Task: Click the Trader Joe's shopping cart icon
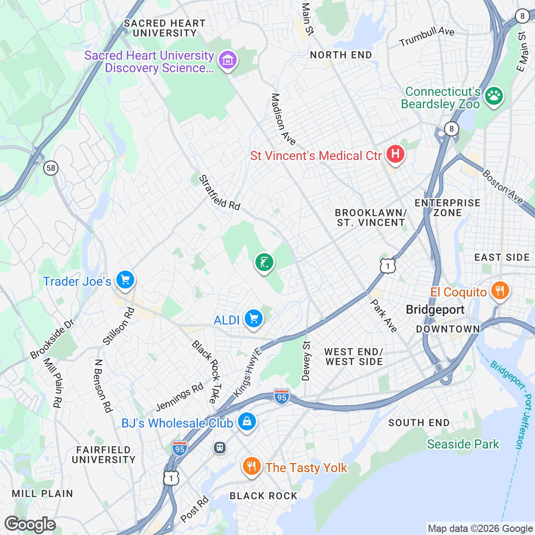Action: [125, 280]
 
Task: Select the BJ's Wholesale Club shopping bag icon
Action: [247, 421]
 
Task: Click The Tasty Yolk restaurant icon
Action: [251, 467]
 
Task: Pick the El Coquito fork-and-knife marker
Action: [500, 291]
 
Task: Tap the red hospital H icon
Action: [395, 154]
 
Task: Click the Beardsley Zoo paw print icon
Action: [494, 95]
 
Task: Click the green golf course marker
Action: [264, 262]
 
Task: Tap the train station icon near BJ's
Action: [220, 447]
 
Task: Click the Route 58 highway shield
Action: [51, 168]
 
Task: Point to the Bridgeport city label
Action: [435, 310]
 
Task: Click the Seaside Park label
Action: [463, 444]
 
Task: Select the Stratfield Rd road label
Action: [219, 193]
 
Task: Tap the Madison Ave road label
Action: [283, 119]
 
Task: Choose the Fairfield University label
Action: [103, 455]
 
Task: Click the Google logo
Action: [30, 524]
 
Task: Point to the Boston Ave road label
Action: [502, 187]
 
